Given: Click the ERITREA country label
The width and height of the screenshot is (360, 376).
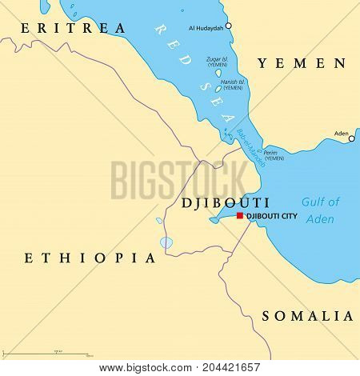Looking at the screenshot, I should point(73,29).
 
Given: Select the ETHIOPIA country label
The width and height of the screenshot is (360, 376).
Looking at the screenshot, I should point(90,258).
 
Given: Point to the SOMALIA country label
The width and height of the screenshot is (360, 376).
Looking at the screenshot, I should point(307,315).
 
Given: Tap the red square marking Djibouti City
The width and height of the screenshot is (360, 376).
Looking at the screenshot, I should point(239,216).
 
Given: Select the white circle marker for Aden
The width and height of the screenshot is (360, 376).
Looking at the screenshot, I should point(350,138).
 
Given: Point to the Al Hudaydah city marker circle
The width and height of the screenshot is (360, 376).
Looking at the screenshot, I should point(228,26).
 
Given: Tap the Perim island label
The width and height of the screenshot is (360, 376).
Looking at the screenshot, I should point(274,155).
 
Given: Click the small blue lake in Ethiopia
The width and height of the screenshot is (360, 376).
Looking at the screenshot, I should point(166,242).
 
